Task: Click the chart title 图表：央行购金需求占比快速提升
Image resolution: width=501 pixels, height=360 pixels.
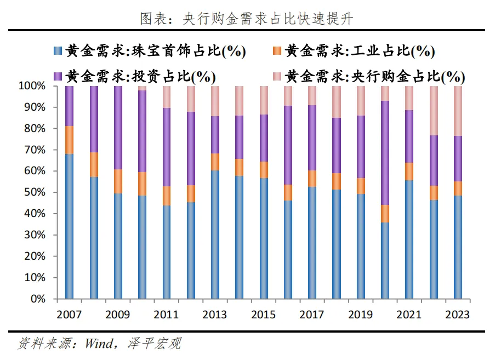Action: tap(247, 19)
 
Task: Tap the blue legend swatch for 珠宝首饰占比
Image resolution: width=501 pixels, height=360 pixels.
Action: tap(58, 51)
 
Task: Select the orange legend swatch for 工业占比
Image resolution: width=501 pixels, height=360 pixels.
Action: tap(277, 51)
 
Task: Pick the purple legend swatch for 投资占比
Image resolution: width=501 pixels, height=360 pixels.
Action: tap(58, 76)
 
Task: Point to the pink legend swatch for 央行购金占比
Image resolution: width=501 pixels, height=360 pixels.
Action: tap(277, 76)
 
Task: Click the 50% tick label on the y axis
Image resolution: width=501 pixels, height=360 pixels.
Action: tap(35, 192)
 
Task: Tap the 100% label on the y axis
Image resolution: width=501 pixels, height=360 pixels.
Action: tap(32, 85)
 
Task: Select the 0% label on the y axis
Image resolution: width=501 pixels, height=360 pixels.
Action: tap(38, 299)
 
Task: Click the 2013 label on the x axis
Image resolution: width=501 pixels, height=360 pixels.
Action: tap(215, 315)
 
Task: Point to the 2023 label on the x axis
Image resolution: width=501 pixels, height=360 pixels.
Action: tap(458, 315)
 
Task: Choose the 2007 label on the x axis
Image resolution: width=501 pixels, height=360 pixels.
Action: tap(69, 315)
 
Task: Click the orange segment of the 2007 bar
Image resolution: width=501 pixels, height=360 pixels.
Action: tap(69, 140)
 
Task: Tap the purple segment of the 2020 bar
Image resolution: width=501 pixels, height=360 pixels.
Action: tap(385, 153)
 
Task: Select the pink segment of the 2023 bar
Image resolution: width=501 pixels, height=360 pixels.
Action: tap(458, 111)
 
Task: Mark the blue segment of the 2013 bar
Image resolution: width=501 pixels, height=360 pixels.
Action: tap(215, 235)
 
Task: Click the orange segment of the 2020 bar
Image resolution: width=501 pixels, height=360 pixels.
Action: tap(385, 214)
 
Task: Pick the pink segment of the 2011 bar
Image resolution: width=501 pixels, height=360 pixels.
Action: tap(167, 97)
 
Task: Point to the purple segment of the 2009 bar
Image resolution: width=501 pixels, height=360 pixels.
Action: tap(118, 128)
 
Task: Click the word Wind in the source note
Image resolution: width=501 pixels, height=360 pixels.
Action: tap(99, 344)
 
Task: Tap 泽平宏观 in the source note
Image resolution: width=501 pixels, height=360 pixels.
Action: tap(154, 344)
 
